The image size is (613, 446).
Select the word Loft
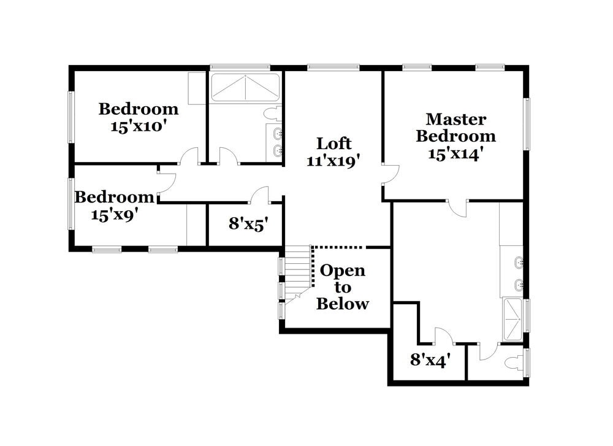tap(334, 144)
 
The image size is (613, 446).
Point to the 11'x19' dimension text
tap(333, 161)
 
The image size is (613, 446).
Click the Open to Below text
tap(343, 287)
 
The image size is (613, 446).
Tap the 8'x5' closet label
tap(245, 224)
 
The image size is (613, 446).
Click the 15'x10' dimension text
tap(139, 126)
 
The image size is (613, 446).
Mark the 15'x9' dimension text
tap(114, 215)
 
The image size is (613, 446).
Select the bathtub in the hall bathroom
tap(245, 88)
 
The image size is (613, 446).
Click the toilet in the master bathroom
tap(515, 363)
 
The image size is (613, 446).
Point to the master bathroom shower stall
tap(512, 319)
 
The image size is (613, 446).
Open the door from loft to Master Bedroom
tap(389, 174)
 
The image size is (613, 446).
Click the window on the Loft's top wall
tap(333, 67)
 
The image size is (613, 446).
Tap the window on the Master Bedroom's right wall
tap(526, 123)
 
